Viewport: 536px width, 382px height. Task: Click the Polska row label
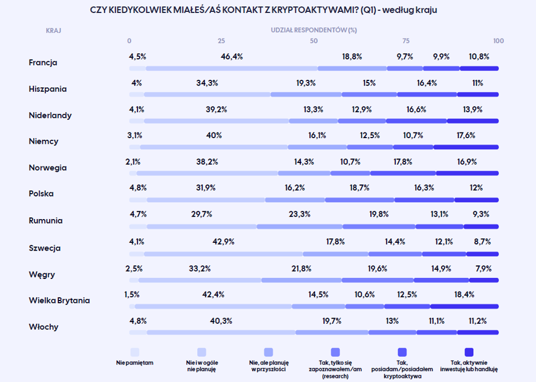[x=41, y=194]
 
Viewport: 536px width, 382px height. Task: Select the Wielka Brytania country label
[x=59, y=301]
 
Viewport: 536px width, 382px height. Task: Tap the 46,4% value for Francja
[x=232, y=57]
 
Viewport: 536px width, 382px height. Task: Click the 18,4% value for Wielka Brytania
[x=464, y=294]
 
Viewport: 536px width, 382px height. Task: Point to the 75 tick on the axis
[x=406, y=41]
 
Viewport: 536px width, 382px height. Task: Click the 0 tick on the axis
[x=129, y=41]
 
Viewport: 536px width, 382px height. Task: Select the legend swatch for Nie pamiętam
[x=135, y=352]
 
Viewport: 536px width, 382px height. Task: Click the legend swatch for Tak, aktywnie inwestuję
[x=469, y=352]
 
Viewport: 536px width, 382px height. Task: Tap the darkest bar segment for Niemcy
[x=466, y=147]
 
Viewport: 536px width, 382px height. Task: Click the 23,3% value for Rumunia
[x=300, y=214]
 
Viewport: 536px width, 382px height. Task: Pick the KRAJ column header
[x=53, y=31]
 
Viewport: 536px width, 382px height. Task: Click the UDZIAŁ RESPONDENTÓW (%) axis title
[x=314, y=30]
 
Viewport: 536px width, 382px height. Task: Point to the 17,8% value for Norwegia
[x=403, y=161]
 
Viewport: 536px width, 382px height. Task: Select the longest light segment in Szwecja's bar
[x=223, y=254]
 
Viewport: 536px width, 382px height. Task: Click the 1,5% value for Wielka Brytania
[x=132, y=294]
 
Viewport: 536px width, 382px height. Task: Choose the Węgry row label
[x=42, y=274]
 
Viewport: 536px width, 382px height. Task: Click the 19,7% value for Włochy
[x=331, y=321]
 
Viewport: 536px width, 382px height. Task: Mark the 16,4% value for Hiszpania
[x=427, y=83]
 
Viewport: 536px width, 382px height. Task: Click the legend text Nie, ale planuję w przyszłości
[x=269, y=366]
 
